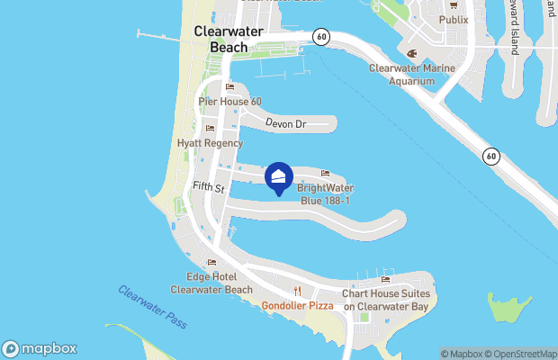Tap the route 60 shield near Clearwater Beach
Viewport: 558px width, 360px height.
click(321, 36)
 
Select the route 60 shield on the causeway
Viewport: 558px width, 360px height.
click(490, 156)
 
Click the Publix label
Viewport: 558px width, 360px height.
click(454, 19)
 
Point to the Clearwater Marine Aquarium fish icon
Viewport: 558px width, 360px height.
click(412, 52)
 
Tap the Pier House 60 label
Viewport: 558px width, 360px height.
click(230, 102)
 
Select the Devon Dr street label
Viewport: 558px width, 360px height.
click(286, 124)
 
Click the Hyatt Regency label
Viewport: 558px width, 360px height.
click(210, 143)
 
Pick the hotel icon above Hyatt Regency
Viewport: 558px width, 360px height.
click(210, 129)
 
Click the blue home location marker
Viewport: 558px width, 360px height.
click(279, 176)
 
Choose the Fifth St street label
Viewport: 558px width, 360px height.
click(209, 185)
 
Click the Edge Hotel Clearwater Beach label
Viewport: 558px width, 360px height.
click(211, 283)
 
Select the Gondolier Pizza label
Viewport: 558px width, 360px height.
click(298, 306)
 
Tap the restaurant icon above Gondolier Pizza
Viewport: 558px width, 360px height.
click(298, 291)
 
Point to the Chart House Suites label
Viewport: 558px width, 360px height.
click(386, 300)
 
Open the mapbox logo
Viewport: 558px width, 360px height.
click(40, 348)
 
